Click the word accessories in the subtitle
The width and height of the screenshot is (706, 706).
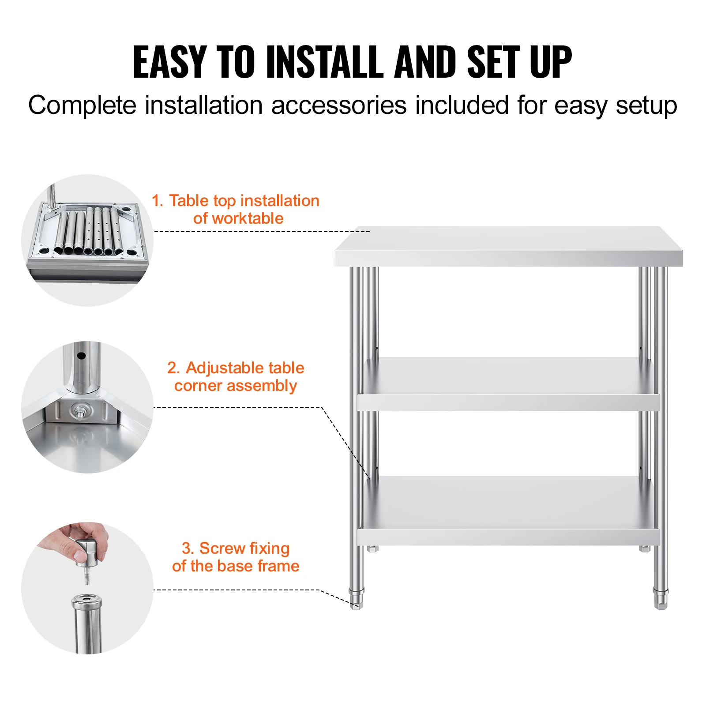338,105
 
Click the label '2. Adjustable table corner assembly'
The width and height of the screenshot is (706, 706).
235,376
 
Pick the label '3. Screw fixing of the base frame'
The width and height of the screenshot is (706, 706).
235,557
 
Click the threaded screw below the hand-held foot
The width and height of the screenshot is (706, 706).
86,576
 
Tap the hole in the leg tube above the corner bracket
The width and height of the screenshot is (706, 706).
81,355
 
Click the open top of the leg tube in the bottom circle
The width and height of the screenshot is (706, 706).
86,600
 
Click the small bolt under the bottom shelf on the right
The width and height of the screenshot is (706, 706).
645,548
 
